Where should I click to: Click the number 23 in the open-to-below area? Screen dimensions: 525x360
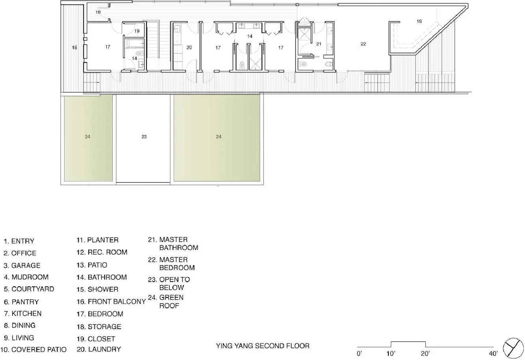(x=144, y=137)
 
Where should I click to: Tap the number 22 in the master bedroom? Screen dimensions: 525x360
(x=363, y=44)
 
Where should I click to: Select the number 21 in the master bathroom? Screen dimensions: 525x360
(x=319, y=44)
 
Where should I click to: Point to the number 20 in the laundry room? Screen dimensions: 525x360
(x=189, y=48)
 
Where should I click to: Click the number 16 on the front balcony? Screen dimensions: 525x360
(x=74, y=48)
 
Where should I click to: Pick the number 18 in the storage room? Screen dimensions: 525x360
(x=98, y=12)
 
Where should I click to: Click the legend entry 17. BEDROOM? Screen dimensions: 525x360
(x=100, y=314)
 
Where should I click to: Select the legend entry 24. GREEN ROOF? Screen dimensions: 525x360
(x=166, y=301)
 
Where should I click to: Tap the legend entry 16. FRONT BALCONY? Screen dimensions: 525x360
(x=111, y=301)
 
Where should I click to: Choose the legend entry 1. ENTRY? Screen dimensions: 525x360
(x=19, y=241)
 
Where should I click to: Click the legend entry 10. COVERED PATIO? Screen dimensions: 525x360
(x=33, y=349)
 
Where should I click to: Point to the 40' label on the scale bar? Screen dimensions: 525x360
(x=493, y=353)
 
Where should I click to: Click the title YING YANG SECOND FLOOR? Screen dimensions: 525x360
(x=263, y=346)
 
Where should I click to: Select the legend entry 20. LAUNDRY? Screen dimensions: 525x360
(x=99, y=349)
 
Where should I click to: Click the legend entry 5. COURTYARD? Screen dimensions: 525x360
(x=29, y=289)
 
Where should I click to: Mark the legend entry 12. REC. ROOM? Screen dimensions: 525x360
(x=102, y=252)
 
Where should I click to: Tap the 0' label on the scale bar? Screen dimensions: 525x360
(x=359, y=353)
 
